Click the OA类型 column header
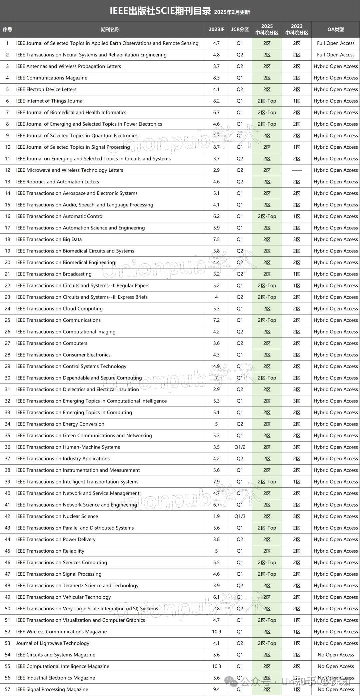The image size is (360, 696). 335,29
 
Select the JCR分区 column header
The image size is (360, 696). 240,29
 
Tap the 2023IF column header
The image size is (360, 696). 216,29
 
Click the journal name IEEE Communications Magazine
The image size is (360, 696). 52,78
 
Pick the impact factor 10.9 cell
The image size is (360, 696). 216,631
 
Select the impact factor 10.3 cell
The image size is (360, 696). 216,666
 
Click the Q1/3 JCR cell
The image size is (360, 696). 240,516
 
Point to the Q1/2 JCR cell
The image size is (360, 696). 240,447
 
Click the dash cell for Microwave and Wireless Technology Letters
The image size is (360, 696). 296,170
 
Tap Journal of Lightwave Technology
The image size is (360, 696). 53,643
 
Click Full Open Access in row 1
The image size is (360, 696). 335,43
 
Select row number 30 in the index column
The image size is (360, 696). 7,378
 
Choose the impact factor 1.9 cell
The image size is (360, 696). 216,516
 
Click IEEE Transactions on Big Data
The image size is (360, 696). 49,239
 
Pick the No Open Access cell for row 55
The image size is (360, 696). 335,666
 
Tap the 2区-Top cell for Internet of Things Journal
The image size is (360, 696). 267,101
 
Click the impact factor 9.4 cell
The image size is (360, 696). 216,689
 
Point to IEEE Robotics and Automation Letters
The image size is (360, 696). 58,181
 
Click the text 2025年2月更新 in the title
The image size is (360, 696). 232,12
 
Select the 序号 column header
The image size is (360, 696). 7,29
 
